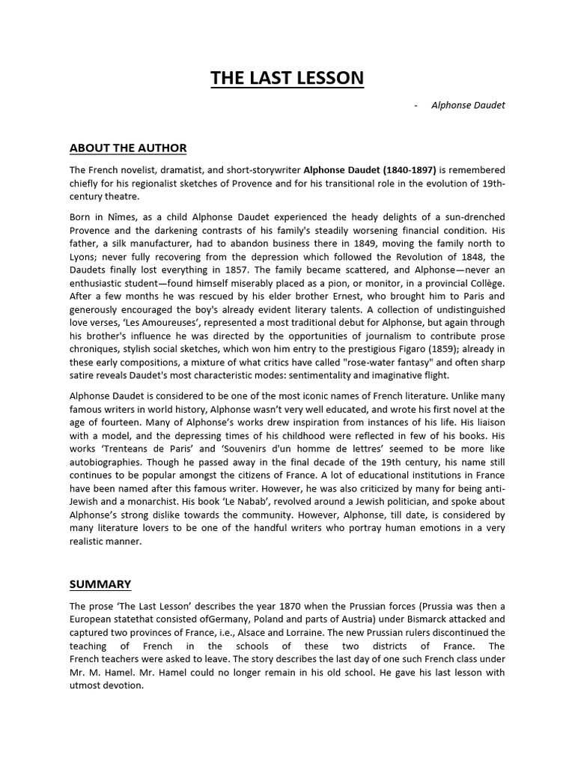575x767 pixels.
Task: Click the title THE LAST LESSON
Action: tap(287, 78)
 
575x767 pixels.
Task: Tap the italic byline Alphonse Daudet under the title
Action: tap(468, 105)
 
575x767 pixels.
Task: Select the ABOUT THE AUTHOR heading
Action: tap(128, 148)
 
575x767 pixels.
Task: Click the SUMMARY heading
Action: tap(100, 583)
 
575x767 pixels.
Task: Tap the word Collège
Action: tap(485, 285)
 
